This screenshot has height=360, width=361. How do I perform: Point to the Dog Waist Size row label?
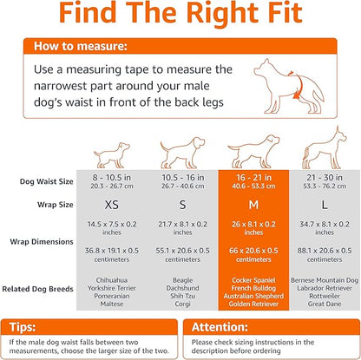coord(47,157)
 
